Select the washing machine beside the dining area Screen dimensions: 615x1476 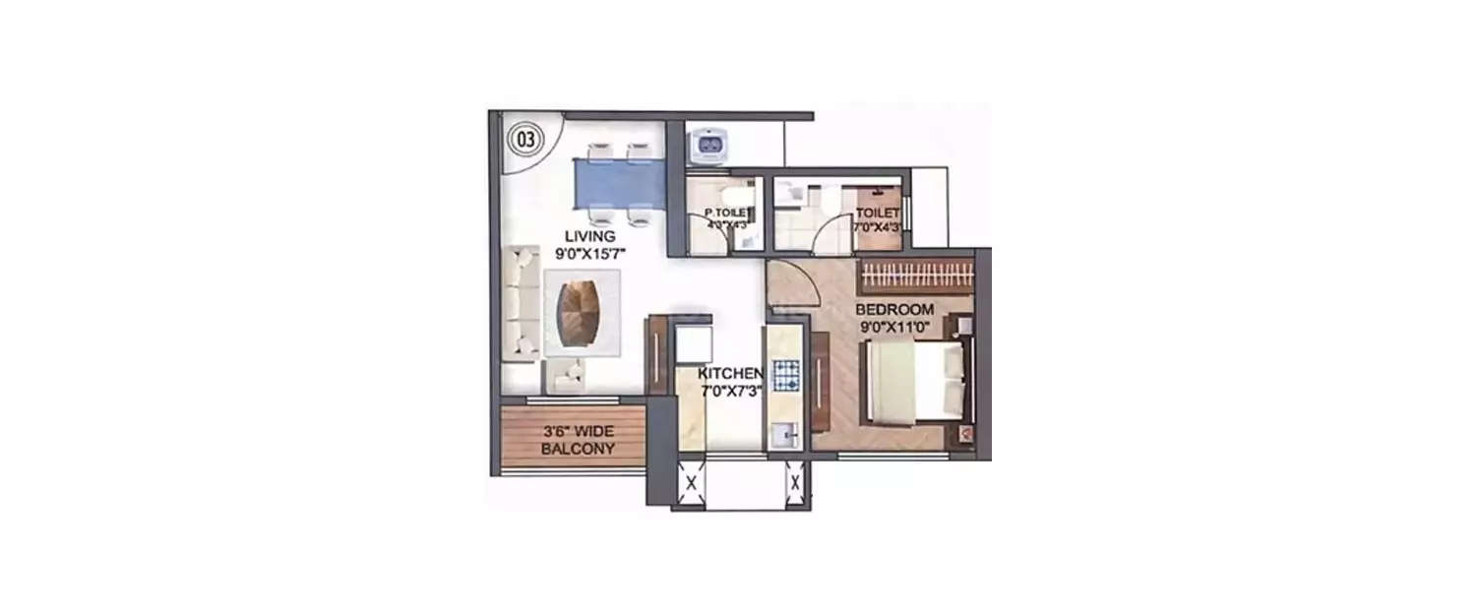709,149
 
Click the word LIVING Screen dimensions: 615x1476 589,236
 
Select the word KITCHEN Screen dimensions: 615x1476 730,374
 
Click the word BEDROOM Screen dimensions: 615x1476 894,310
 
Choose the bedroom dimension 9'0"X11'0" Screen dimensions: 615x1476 894,328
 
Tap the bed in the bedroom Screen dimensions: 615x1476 910,381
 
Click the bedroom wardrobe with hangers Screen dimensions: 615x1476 915,277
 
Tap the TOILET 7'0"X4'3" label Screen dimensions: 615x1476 878,219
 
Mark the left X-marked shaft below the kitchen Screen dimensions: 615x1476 691,483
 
